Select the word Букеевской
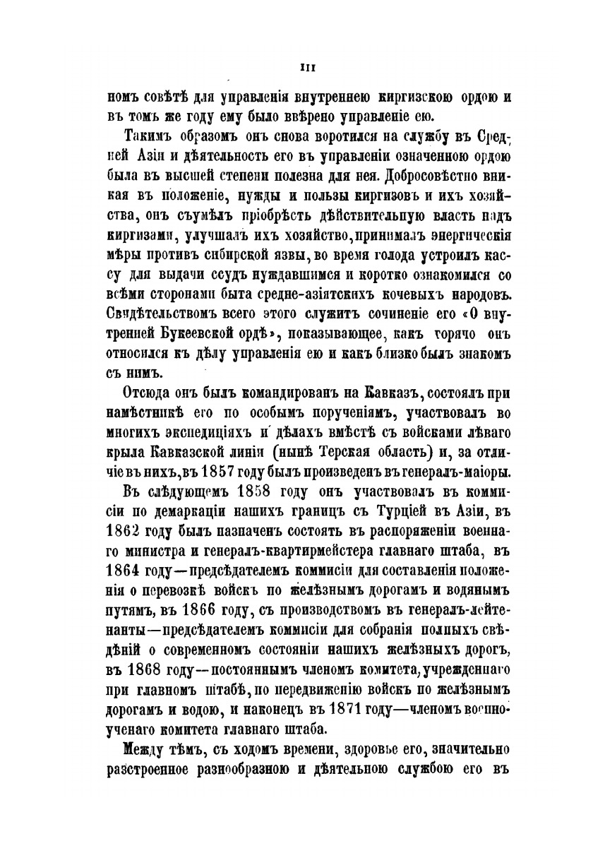coord(191,331)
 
